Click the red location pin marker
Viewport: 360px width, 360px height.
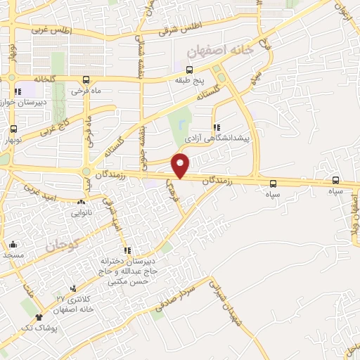(x=181, y=165)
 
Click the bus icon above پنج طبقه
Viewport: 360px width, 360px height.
(x=189, y=69)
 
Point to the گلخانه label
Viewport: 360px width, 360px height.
(x=37, y=79)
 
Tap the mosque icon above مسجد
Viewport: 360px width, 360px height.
(x=14, y=245)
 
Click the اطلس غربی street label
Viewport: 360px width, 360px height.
(x=53, y=30)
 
